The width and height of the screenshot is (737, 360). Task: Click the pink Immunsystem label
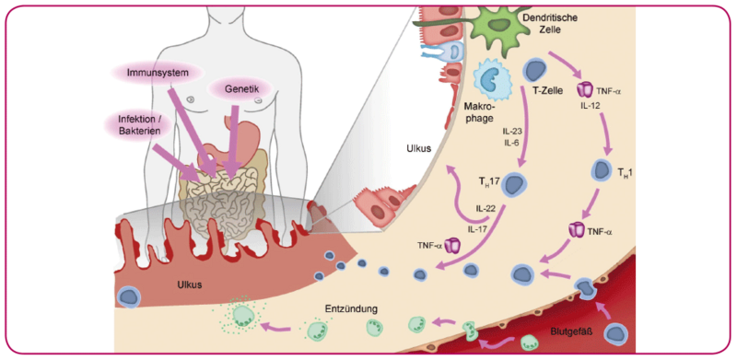[x=155, y=71]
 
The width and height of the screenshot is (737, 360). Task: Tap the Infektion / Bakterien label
[x=136, y=126]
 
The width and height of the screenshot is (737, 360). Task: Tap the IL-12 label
[x=591, y=108]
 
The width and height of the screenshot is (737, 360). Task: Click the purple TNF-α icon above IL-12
[x=584, y=91]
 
